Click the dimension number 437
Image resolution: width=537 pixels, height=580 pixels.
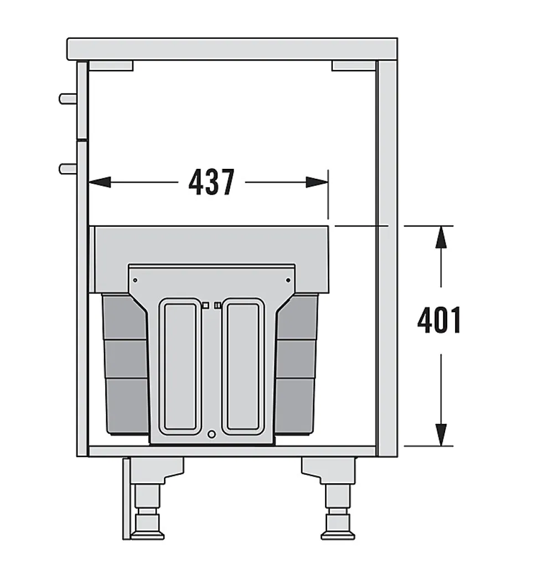pos(211,182)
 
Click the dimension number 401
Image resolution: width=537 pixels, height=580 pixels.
pos(440,320)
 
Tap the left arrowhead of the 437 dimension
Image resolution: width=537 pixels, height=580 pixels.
pos(100,182)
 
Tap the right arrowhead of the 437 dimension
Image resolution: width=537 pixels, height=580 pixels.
pos(317,182)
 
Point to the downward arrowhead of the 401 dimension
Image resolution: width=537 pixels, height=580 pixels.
pos(441,435)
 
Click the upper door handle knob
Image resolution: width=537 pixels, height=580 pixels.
pos(68,99)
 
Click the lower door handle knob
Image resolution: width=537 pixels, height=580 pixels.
pos(68,169)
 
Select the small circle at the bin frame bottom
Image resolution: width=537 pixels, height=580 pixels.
pos(211,434)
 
